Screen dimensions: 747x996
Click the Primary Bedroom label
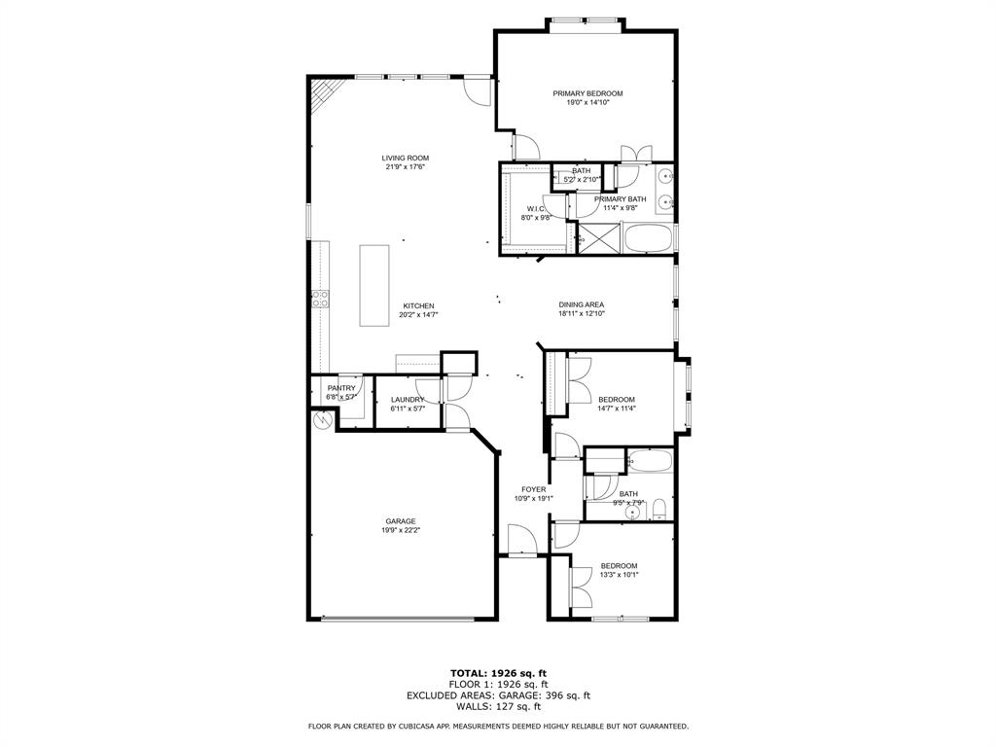[x=587, y=93]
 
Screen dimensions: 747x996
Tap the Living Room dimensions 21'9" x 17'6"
[x=405, y=166]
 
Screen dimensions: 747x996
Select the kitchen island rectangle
[x=374, y=285]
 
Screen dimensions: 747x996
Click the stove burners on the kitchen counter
[x=318, y=300]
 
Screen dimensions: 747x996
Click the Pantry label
[x=341, y=388]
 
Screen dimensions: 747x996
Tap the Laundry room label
[x=408, y=400]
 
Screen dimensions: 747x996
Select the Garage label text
[x=400, y=521]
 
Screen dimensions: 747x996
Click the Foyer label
[x=533, y=489]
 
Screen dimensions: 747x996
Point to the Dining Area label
[x=582, y=304]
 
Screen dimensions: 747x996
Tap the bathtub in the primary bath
[x=647, y=238]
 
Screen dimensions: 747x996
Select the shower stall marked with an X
[x=598, y=238]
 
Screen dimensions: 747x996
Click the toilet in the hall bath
[x=658, y=507]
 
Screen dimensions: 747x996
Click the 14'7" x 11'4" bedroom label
[x=617, y=400]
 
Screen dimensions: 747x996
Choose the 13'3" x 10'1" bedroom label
[x=619, y=566]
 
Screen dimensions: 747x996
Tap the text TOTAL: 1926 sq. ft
[x=498, y=673]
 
